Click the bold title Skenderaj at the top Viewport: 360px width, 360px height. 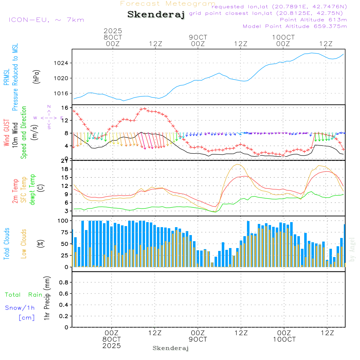pyautogui.click(x=156, y=14)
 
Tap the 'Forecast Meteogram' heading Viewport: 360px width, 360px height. pyautogui.click(x=168, y=4)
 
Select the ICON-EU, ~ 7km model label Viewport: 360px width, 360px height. pyautogui.click(x=46, y=19)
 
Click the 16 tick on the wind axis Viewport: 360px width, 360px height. pyautogui.click(x=65, y=108)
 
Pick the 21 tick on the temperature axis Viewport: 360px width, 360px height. pyautogui.click(x=65, y=161)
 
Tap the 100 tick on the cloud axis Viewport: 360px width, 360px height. pyautogui.click(x=63, y=220)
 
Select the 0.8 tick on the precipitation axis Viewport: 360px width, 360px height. pyautogui.click(x=63, y=283)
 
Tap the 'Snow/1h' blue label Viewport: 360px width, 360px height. pyautogui.click(x=20, y=308)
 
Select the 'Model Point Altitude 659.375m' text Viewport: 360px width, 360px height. pyautogui.click(x=295, y=26)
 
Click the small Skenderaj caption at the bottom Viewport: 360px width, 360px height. pyautogui.click(x=171, y=348)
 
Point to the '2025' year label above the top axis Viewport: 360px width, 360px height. pyautogui.click(x=113, y=31)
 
